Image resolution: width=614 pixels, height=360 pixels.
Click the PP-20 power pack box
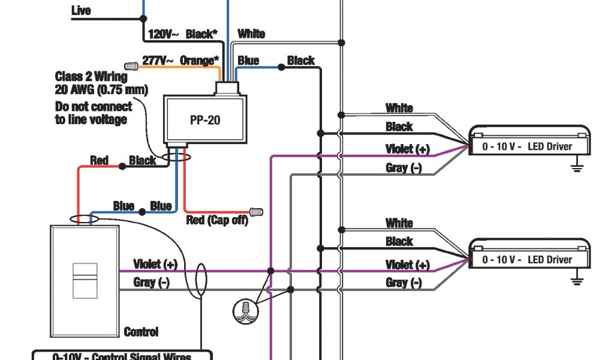click(x=204, y=120)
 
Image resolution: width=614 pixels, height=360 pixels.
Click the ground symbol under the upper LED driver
click(x=577, y=166)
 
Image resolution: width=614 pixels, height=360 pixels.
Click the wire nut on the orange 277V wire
click(x=131, y=64)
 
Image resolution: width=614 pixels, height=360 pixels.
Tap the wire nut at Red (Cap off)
click(x=256, y=212)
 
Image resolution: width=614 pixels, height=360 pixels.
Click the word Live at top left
click(x=81, y=10)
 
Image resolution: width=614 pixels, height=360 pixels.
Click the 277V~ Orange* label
click(x=180, y=61)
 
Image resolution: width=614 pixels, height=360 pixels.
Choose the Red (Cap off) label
click(x=217, y=220)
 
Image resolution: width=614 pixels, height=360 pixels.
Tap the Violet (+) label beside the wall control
click(x=155, y=264)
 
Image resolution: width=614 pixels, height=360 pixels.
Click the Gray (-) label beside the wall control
click(x=152, y=282)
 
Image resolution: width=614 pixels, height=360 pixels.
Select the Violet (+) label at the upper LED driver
click(x=408, y=149)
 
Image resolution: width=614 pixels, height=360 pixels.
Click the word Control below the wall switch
click(x=141, y=332)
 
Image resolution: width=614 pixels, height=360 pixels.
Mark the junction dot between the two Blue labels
click(x=142, y=212)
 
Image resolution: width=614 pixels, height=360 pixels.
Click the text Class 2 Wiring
click(x=91, y=77)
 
